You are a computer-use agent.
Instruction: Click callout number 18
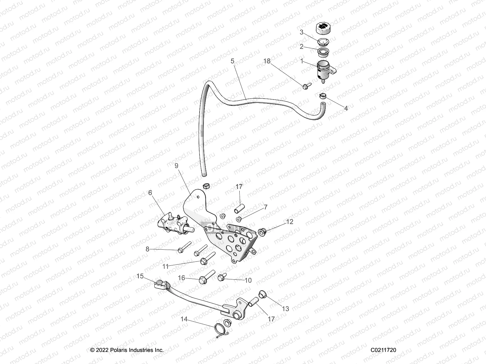267,61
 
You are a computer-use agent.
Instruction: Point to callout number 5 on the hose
232,61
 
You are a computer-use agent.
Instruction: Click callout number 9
176,166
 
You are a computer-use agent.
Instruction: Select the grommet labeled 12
262,232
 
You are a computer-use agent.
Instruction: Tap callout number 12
290,222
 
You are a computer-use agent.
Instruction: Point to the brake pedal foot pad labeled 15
161,285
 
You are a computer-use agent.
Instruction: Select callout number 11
166,267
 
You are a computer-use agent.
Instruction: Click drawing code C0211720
383,350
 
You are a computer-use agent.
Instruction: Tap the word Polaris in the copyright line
115,350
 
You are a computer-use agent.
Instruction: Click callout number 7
265,207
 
